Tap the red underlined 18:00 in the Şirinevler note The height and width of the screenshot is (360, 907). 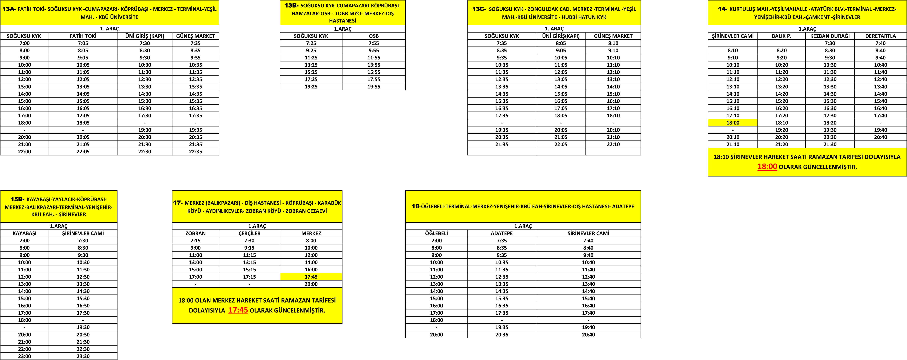coord(767,166)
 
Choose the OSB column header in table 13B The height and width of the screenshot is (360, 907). coord(374,36)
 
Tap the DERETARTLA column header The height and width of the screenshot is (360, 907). coord(880,36)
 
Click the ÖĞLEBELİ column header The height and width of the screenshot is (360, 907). coord(436,233)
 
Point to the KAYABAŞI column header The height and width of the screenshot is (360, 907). coord(24,233)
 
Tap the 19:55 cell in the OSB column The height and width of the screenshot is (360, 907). coord(374,87)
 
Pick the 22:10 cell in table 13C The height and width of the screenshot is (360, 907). coord(613,144)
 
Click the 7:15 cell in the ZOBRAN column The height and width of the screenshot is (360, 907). coord(195,241)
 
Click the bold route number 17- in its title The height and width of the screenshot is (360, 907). coord(178,203)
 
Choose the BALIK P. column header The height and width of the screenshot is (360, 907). coord(781,36)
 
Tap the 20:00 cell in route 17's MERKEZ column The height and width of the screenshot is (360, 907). coord(311,284)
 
